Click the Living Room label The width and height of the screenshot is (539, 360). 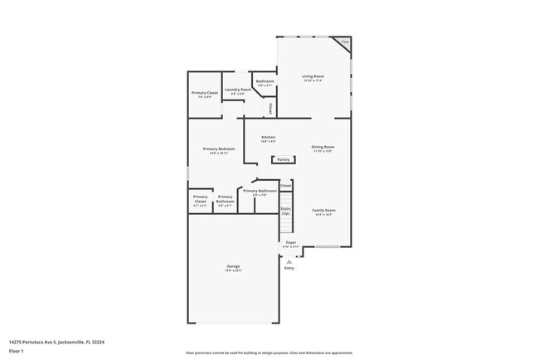[313, 76]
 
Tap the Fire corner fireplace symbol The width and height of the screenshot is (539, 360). [345, 42]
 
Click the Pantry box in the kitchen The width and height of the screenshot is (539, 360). [284, 159]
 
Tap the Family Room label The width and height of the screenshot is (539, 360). [323, 211]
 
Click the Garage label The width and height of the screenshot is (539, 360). [234, 266]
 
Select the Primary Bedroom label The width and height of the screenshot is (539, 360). [219, 149]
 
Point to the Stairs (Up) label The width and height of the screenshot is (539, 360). [285, 212]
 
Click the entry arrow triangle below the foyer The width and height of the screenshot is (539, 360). [289, 260]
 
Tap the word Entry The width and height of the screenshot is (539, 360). [289, 268]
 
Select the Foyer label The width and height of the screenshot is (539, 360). [290, 243]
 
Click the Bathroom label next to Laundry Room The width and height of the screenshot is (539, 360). [265, 81]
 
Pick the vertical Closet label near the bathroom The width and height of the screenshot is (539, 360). [269, 108]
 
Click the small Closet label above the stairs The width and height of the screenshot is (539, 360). [285, 186]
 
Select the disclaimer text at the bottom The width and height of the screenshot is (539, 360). [269, 353]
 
